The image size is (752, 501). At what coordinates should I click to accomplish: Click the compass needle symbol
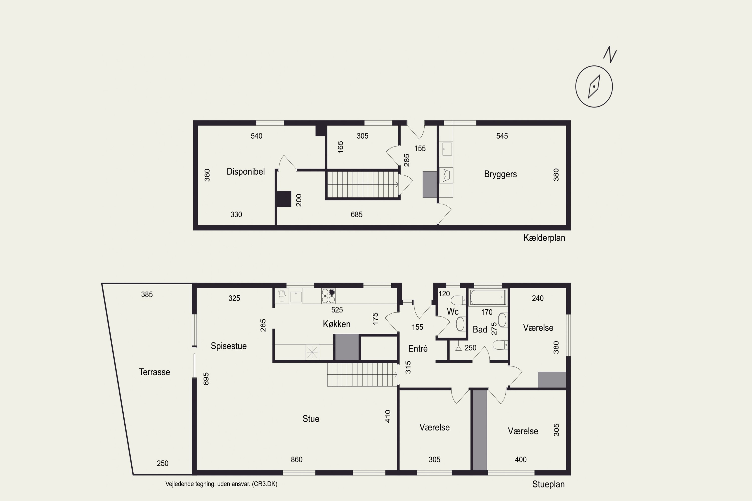594,86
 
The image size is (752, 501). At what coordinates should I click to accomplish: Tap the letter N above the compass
610,55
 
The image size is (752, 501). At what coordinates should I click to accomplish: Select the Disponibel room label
246,172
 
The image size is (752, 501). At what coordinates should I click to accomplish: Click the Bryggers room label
500,174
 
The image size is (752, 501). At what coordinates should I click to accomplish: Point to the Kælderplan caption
544,238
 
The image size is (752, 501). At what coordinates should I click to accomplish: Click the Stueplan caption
548,484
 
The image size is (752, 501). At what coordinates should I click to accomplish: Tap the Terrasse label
154,372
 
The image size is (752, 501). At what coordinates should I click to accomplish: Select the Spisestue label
229,346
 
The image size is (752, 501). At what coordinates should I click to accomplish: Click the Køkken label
337,324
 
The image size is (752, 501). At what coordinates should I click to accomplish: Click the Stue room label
311,419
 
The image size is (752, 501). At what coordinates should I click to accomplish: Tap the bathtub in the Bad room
488,297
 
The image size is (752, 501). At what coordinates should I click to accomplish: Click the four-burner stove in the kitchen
328,296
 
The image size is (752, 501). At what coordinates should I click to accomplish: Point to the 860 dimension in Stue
297,459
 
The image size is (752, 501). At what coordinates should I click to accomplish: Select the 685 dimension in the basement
356,214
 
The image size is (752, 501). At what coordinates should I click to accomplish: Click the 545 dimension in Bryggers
502,136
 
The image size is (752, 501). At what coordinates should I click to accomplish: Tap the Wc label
453,312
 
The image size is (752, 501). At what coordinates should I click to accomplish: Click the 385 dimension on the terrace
147,294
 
